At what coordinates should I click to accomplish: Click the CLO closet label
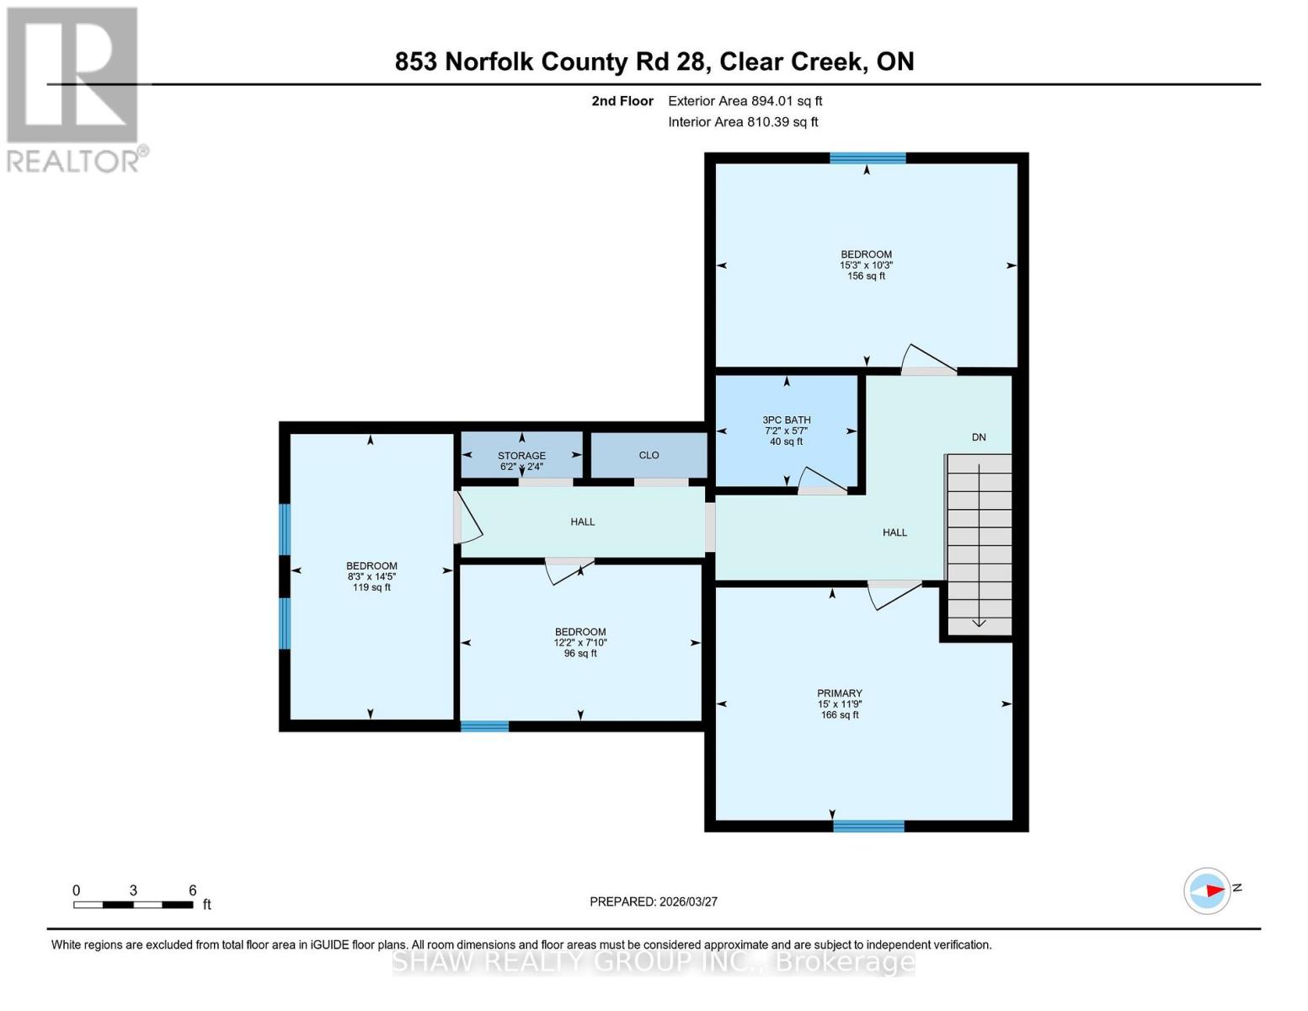[649, 455]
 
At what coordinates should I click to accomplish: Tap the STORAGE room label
[521, 456]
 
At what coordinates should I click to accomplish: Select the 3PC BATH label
[786, 420]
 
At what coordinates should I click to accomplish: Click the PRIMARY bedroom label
[839, 693]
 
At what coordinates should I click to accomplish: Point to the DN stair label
[978, 437]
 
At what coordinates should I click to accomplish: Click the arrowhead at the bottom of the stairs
[979, 623]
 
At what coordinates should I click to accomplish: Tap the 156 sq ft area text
[866, 275]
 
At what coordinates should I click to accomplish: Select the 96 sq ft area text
[579, 653]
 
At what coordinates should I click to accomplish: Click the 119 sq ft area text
[371, 587]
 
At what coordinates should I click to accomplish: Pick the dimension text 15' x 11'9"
[839, 703]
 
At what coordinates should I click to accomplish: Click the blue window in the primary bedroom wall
[868, 826]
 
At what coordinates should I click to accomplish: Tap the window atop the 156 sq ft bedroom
[868, 158]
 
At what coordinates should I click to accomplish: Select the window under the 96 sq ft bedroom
[484, 726]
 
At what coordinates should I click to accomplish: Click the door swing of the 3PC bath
[822, 480]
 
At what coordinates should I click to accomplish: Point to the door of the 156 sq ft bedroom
[928, 360]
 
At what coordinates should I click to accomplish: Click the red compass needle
[1215, 891]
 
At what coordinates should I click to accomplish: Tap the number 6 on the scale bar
[193, 890]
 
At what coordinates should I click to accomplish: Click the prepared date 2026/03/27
[689, 902]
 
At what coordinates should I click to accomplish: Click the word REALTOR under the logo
[72, 162]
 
